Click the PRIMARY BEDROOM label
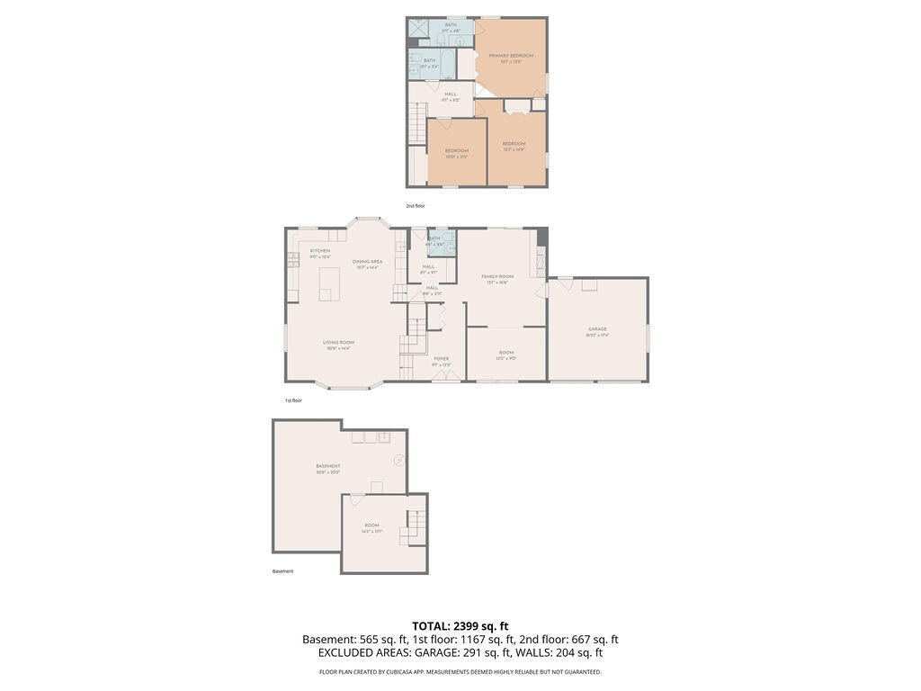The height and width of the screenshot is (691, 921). [511, 56]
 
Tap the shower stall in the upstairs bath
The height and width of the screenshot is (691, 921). [420, 29]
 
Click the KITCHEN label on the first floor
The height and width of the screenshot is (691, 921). [320, 251]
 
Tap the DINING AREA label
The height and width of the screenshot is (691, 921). [368, 262]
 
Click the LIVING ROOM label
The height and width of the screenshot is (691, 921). [338, 342]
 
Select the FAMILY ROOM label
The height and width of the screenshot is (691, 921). [496, 276]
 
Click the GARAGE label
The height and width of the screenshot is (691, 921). [597, 329]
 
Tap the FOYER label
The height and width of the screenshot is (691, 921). [441, 358]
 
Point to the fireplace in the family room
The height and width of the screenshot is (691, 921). [541, 262]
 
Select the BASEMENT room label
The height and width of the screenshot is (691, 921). [327, 466]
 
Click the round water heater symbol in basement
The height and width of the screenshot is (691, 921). [398, 460]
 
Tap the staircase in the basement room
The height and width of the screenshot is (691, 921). [414, 527]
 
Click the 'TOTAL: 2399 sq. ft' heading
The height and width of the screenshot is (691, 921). [460, 625]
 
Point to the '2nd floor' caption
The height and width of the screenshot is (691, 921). [415, 206]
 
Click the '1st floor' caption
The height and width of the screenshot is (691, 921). [293, 400]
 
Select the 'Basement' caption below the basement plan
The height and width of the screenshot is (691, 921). [282, 571]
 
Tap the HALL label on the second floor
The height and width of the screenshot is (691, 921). [451, 94]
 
